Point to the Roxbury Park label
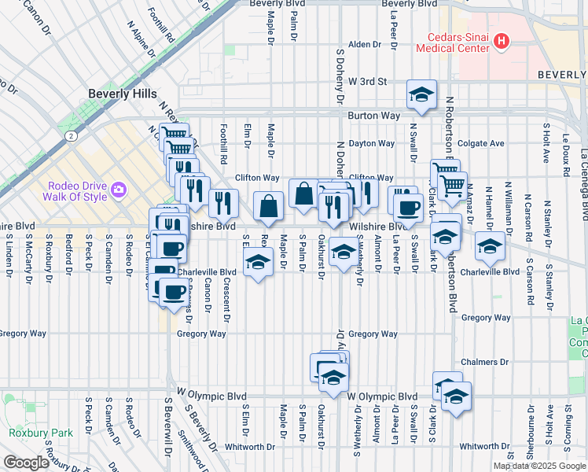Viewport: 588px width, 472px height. click(x=41, y=432)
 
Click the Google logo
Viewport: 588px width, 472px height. click(x=26, y=463)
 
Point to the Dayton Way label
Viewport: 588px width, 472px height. click(x=372, y=143)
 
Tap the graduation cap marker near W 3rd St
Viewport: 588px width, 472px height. click(x=421, y=95)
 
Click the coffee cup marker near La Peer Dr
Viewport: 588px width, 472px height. click(x=407, y=208)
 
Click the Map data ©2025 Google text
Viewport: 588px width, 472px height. click(x=539, y=466)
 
